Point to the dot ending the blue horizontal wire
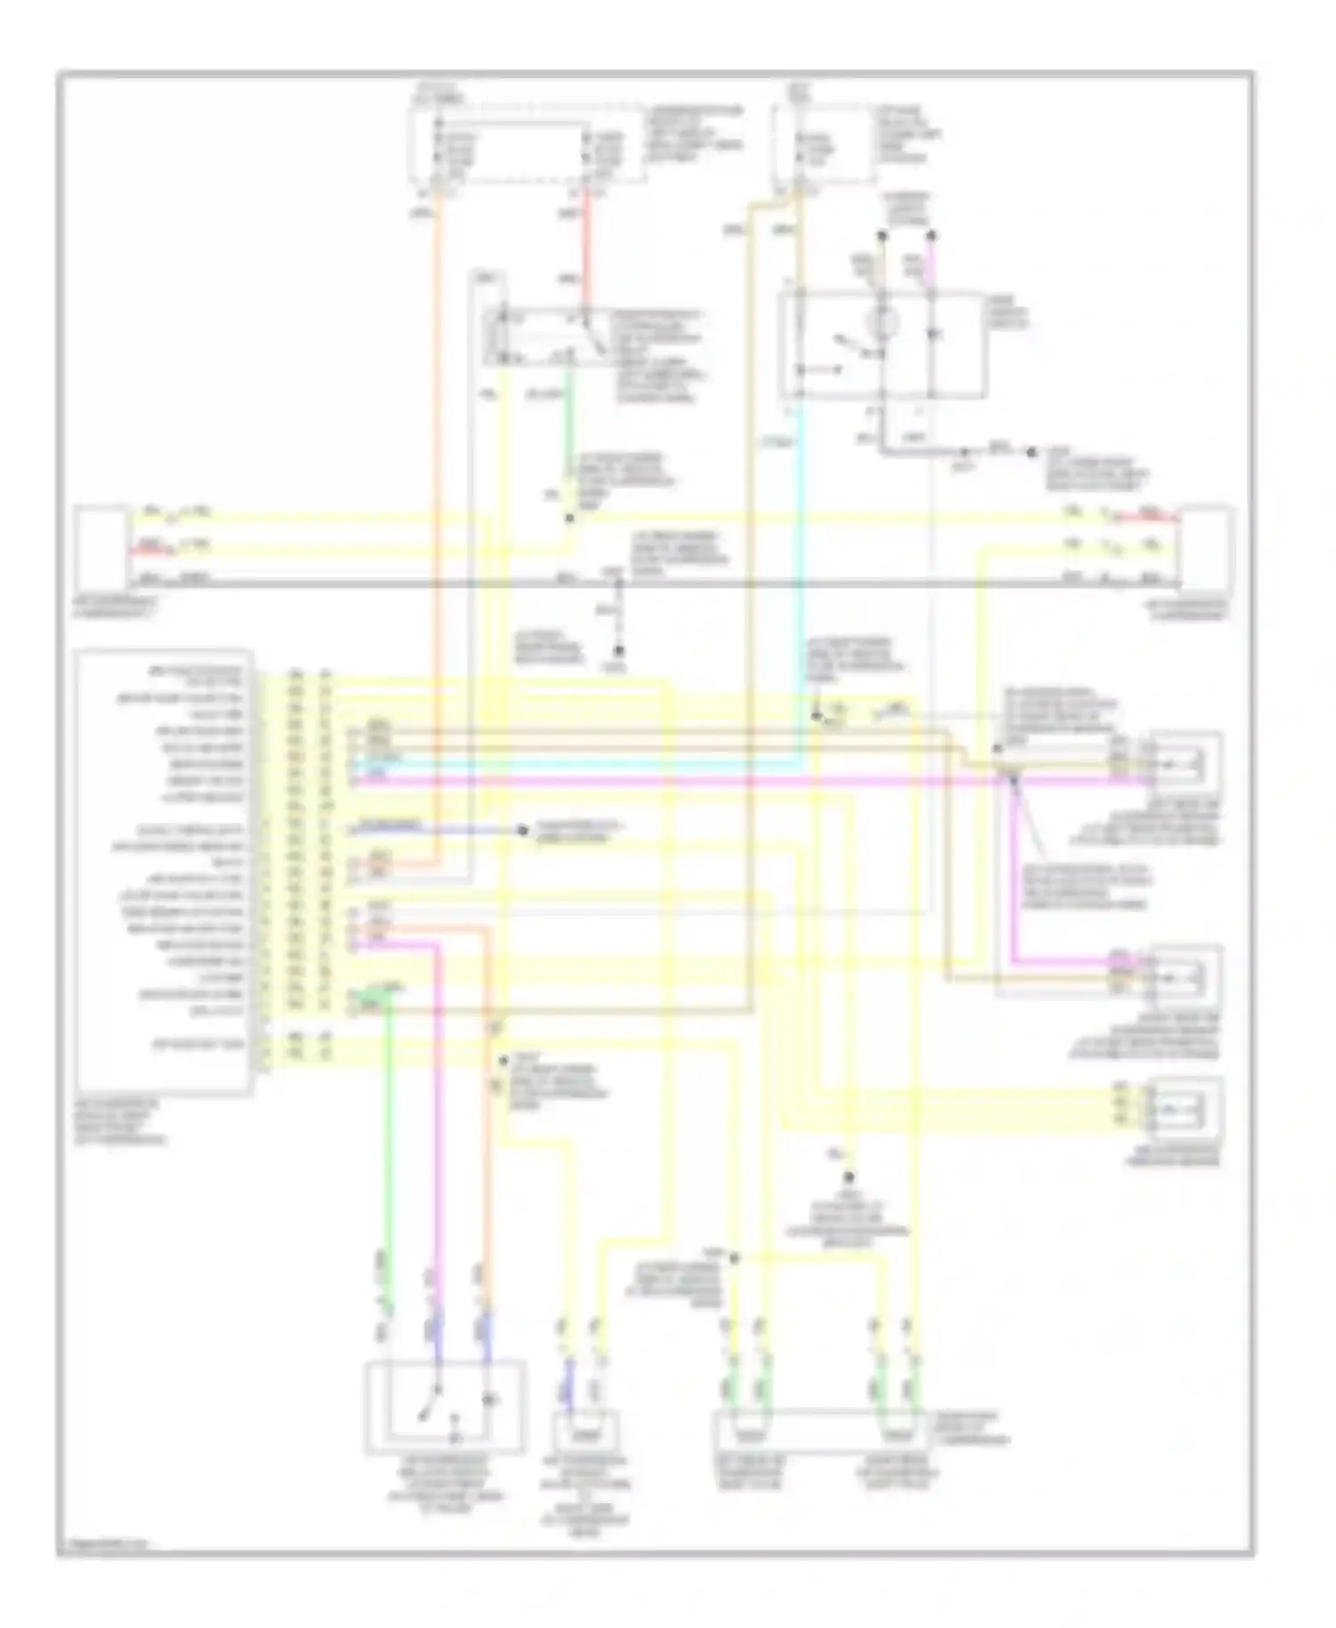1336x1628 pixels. pos(523,831)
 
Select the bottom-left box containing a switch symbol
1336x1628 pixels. pos(444,1407)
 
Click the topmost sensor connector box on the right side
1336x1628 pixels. pos(1185,762)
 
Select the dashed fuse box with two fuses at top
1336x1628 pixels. pos(525,147)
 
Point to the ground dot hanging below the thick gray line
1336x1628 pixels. pos(617,651)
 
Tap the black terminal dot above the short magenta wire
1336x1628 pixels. pos(932,236)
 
